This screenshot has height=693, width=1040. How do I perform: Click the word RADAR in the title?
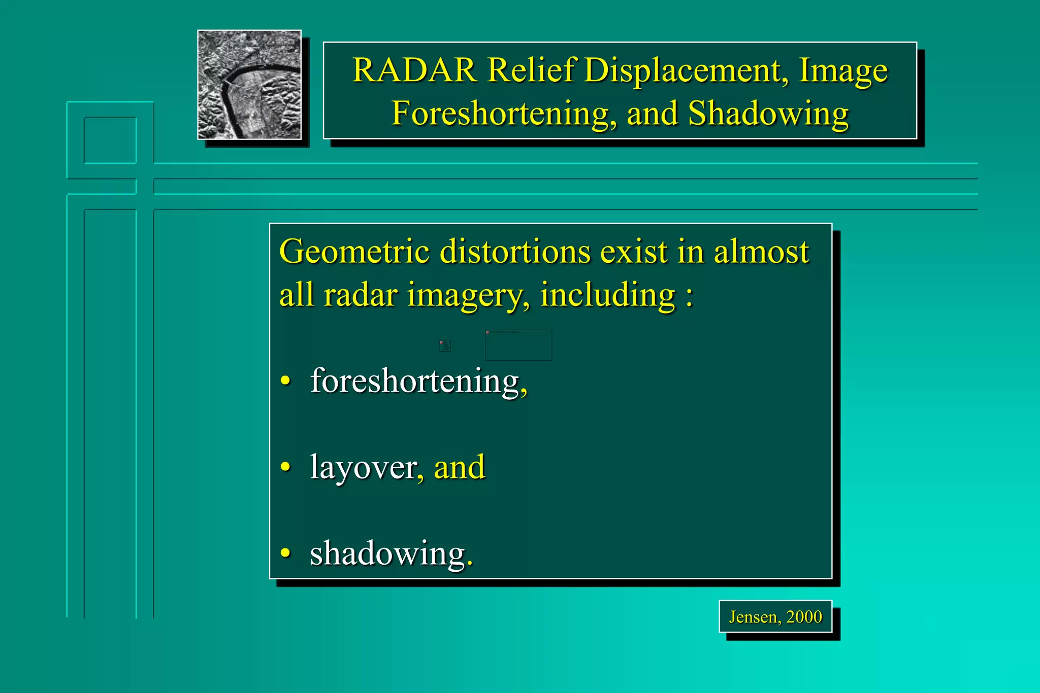coord(414,70)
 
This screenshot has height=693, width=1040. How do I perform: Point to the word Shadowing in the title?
coord(768,113)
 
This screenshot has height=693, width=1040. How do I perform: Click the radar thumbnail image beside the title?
coord(249,85)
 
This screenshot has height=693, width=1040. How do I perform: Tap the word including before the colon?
coord(607,295)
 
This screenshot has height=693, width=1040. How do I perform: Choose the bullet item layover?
coord(363,467)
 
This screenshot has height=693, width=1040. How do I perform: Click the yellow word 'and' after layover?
coord(460,467)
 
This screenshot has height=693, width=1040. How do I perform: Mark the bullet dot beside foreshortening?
coord(286,380)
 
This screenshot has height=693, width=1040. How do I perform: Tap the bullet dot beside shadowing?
coord(286,553)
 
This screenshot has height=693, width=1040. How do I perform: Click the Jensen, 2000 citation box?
coord(775,617)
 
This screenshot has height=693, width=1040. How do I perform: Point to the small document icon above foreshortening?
coord(445,346)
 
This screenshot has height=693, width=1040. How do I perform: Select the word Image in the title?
coord(843,70)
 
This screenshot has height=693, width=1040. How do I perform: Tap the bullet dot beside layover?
coord(286,467)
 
